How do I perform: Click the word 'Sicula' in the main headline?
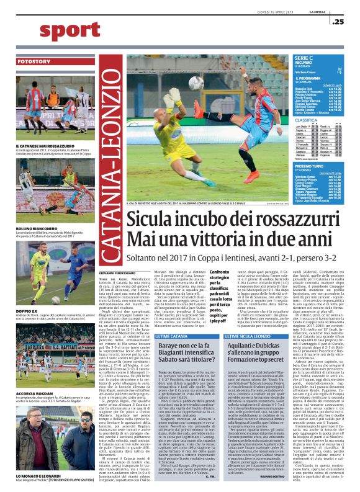[x=150, y=220]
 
